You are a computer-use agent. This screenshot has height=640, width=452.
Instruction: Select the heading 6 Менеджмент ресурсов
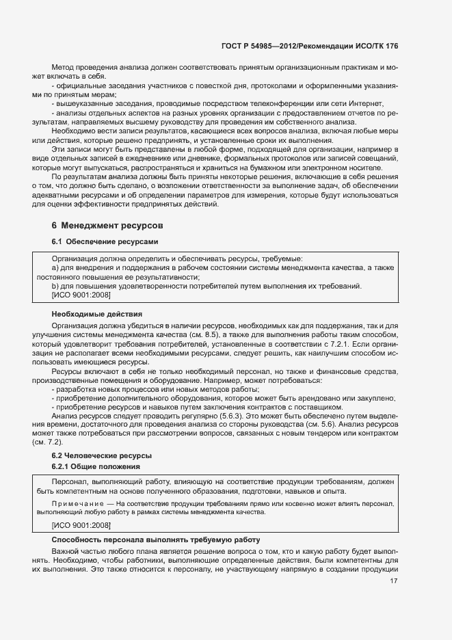(x=107, y=225)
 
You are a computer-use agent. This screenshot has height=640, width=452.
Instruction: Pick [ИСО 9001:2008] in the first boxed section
(x=81, y=295)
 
